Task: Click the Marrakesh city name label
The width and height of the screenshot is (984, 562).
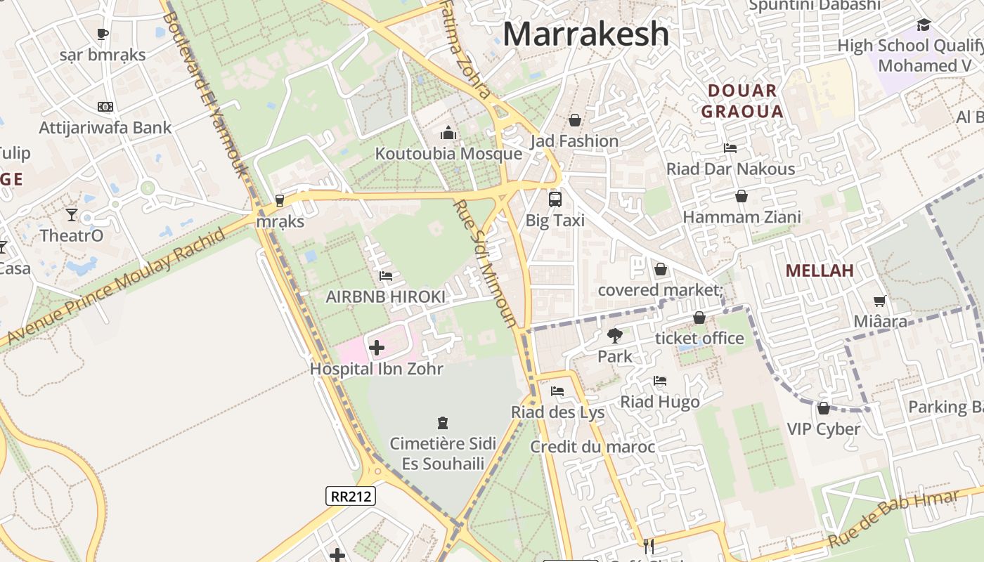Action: coord(586,34)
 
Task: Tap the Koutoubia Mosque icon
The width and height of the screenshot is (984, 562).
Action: coord(448,133)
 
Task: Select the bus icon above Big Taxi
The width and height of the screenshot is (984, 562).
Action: coord(555,199)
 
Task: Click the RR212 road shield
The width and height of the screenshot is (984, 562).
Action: coord(351,496)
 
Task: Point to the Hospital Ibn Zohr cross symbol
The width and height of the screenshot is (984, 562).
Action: coord(377,347)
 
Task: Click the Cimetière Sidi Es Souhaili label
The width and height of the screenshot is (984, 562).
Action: coord(443,453)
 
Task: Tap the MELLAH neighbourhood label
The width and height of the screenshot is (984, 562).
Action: coord(820,270)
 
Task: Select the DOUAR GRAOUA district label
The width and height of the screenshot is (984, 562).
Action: coord(742,101)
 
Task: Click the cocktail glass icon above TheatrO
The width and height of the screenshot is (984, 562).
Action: coord(72,214)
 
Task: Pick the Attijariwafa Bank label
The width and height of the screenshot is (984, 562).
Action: coord(105,127)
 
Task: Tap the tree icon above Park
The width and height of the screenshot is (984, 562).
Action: coord(615,335)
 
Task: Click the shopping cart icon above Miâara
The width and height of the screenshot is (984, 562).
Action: coord(879,301)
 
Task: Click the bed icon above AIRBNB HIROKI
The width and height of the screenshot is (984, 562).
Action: coord(385,276)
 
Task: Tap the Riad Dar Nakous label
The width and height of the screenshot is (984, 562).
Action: coord(731,169)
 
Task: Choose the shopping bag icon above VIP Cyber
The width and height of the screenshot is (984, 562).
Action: coord(823,407)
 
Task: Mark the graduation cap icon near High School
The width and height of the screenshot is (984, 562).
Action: coord(924,25)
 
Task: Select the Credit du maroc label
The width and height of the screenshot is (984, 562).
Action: coord(593,447)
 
